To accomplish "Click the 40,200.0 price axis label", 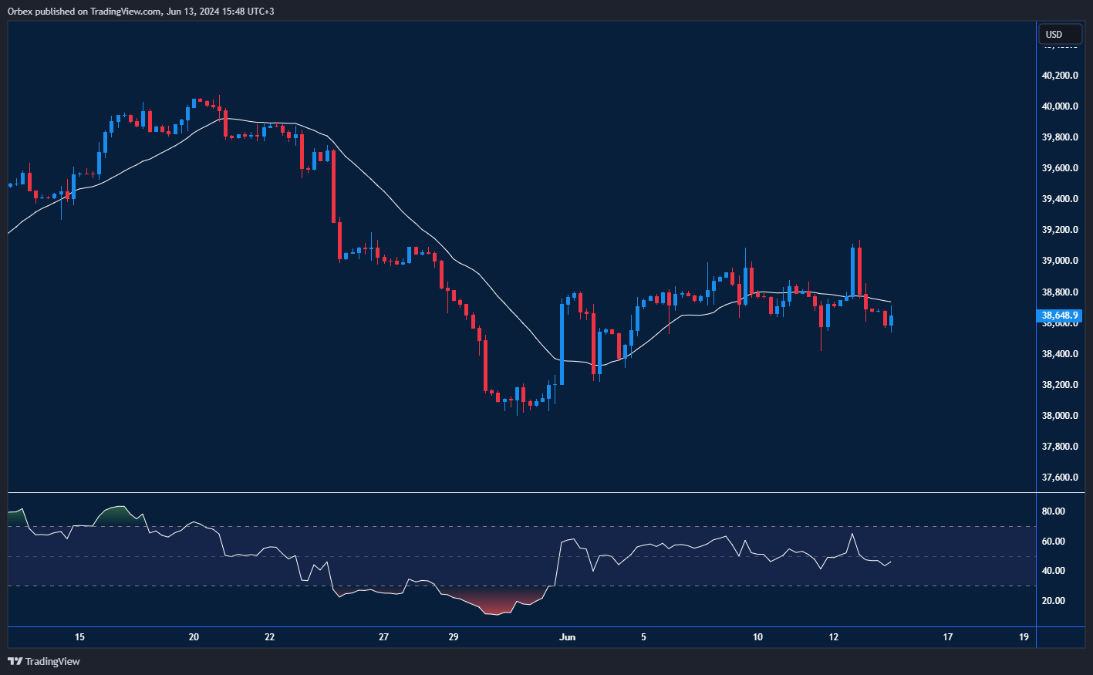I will (1059, 76).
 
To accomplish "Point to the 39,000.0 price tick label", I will (1059, 261).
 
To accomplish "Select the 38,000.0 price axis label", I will (1059, 416).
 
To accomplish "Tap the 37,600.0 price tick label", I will (1059, 478).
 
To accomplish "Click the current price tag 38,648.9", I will (1060, 316).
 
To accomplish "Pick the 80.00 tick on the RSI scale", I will (1053, 511).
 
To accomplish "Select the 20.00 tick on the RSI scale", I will (1053, 601).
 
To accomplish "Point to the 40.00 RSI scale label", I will (1053, 571).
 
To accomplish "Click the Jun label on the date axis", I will (568, 637).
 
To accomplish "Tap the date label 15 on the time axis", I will (79, 637).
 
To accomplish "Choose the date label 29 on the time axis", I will (454, 637).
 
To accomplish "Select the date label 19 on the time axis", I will (1024, 637).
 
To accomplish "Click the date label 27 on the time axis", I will (383, 637).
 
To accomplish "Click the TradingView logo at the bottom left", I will (44, 661).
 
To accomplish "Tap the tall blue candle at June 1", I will (562, 343).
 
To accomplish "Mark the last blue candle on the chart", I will (891, 320).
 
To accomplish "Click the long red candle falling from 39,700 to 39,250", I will (333, 186).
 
